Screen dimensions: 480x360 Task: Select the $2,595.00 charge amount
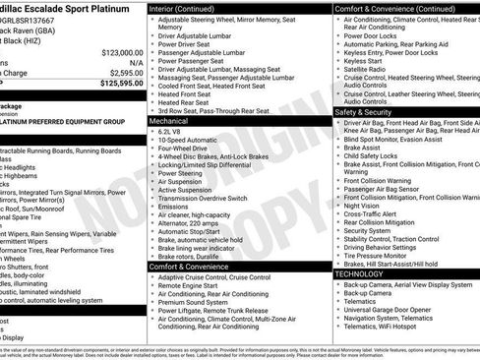click(123, 73)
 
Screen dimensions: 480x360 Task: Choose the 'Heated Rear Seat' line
click(188, 101)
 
